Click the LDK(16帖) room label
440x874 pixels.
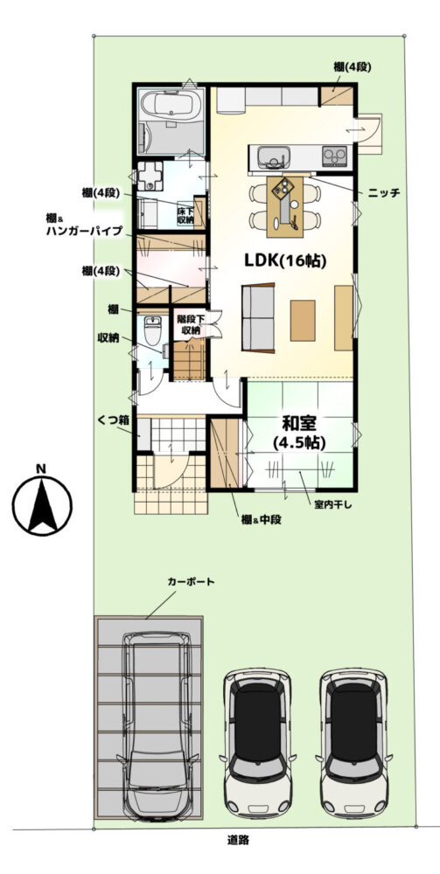(x=284, y=260)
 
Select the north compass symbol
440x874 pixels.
(x=42, y=500)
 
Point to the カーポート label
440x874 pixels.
(x=192, y=582)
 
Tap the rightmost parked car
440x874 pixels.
(x=353, y=742)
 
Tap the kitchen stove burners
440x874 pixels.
(x=335, y=156)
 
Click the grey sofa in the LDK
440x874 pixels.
(x=258, y=318)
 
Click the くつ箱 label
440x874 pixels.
(x=110, y=418)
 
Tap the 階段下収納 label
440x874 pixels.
(x=191, y=325)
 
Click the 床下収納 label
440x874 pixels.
(x=185, y=216)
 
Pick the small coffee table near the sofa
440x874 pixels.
(x=303, y=320)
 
